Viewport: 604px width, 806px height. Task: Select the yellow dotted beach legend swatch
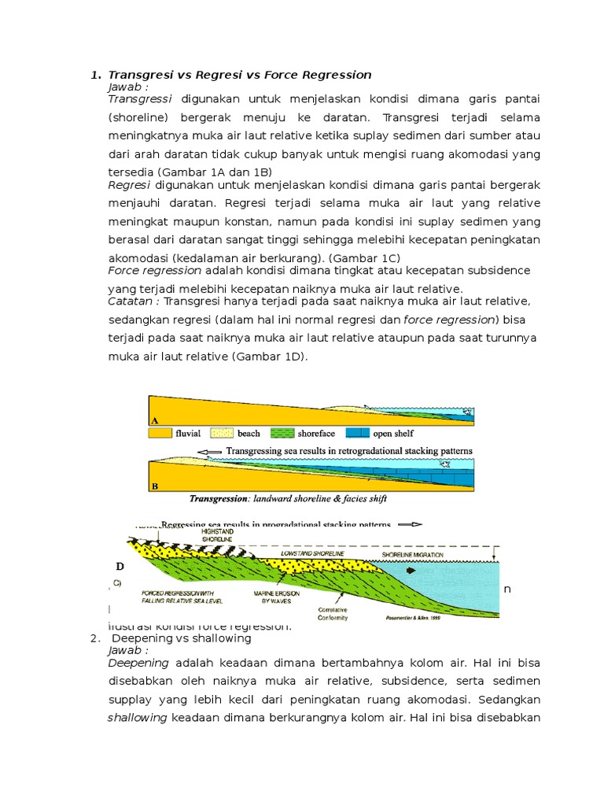pos(225,433)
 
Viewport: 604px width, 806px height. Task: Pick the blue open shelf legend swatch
pos(359,433)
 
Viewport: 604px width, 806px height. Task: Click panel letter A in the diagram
pos(155,421)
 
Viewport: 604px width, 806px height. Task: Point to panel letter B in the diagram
pos(155,486)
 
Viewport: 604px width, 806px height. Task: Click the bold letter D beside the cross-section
pos(120,565)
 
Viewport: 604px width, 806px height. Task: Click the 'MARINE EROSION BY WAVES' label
pos(273,597)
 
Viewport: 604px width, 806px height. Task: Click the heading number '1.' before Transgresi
pos(95,75)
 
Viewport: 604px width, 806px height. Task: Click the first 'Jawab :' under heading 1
pos(128,87)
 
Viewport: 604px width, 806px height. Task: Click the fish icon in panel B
pos(447,466)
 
